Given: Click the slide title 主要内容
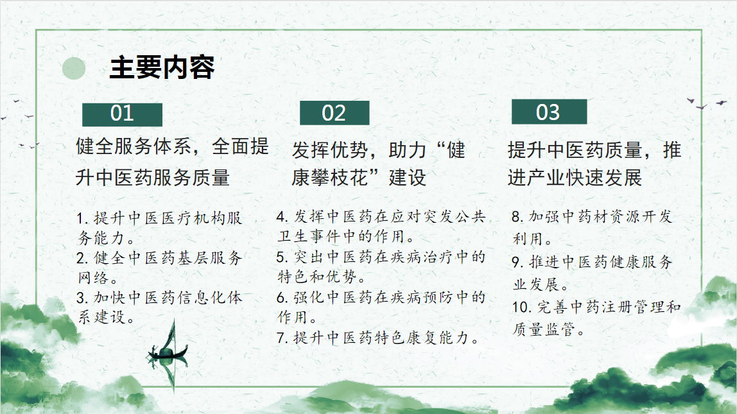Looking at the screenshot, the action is coord(162,67).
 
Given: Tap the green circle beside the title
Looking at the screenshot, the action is coord(74,68).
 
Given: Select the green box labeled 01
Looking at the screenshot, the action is coord(122,115).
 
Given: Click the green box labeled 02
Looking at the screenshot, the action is coord(334,113).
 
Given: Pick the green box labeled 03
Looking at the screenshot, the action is coord(549,112).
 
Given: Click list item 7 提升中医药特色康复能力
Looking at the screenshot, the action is coord(378,338).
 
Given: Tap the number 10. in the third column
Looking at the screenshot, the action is coord(522,307).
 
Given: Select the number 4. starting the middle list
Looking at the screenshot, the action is coord(282,217).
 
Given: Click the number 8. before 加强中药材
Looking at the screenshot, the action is coord(517,217).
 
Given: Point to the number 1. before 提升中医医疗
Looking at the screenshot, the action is coord(83,218).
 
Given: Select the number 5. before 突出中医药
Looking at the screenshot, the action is coord(282,257).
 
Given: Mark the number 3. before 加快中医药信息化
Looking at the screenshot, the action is coord(83,298).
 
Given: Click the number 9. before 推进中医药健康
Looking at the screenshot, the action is coord(517,262).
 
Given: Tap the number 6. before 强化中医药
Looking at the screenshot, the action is coord(282,297).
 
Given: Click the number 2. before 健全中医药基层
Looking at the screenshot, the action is coord(83,258).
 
